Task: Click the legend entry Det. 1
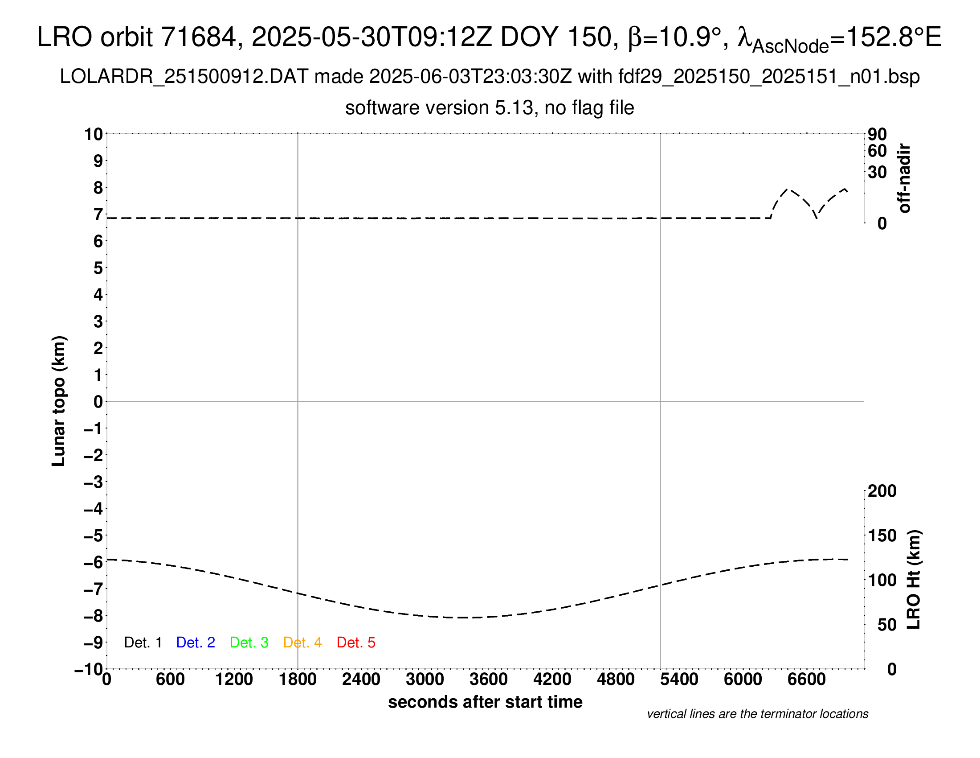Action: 143,643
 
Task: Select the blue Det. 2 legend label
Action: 196,643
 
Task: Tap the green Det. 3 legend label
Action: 249,643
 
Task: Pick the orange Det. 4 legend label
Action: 302,643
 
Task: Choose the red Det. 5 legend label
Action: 356,643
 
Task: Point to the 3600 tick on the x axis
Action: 489,680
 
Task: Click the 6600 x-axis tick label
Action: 806,680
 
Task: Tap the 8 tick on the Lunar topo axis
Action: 98,188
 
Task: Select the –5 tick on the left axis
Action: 94,536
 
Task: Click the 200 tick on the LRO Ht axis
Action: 882,491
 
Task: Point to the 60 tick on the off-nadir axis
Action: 877,151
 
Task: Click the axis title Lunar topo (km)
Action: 59,401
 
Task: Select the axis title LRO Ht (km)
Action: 914,580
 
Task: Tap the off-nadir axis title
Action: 905,178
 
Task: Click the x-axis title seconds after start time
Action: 485,702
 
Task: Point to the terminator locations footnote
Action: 757,714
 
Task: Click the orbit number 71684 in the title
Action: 198,37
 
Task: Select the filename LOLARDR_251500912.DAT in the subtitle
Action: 184,77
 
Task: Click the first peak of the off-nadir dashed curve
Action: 789,189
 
